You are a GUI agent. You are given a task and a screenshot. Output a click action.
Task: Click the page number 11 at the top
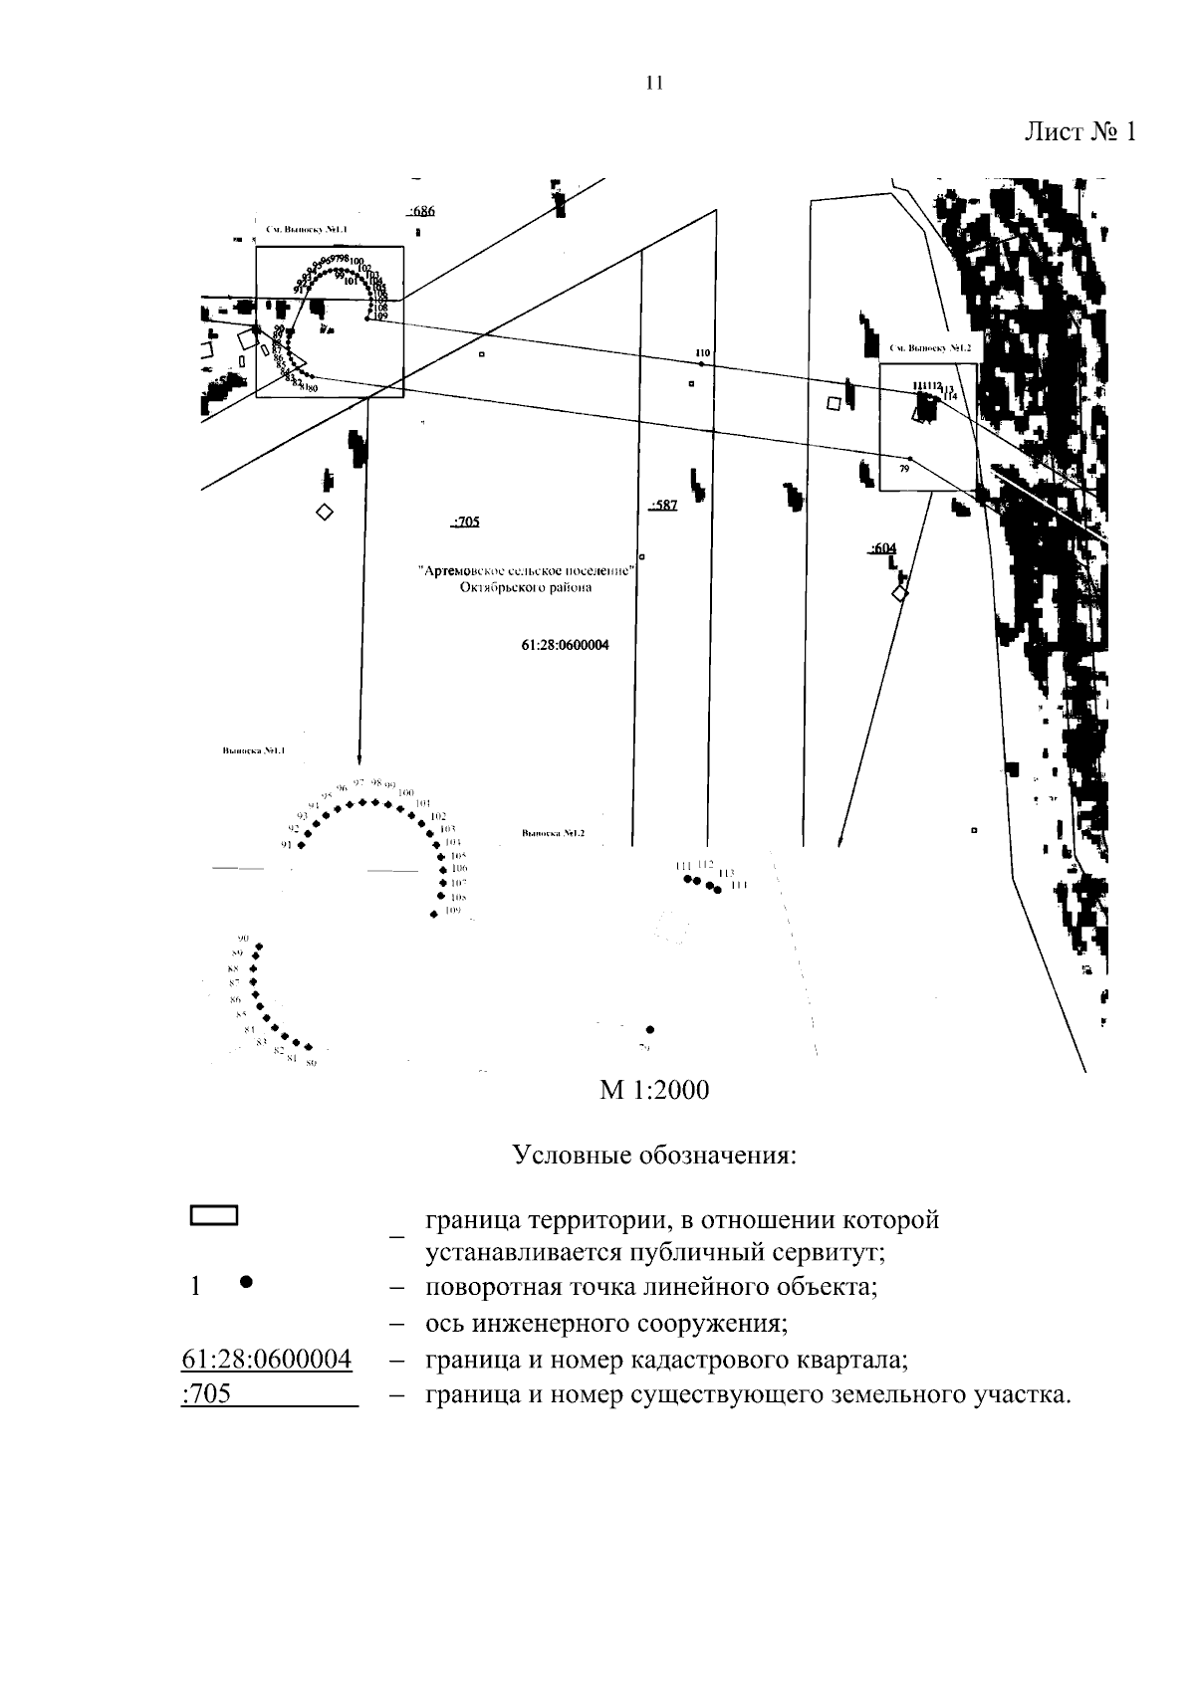pyautogui.click(x=654, y=84)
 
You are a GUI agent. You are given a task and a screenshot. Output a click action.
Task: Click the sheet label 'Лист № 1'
pyautogui.click(x=1080, y=132)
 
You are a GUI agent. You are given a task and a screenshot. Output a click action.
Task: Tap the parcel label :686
pyautogui.click(x=421, y=211)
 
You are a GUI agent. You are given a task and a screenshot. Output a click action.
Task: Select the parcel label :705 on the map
pyautogui.click(x=466, y=521)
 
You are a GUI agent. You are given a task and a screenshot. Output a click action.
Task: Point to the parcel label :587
pyautogui.click(x=662, y=506)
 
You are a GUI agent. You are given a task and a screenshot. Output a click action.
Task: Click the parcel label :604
pyautogui.click(x=882, y=548)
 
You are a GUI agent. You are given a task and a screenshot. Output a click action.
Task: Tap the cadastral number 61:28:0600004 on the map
pyautogui.click(x=565, y=645)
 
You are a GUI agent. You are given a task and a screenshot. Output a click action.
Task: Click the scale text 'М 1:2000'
pyautogui.click(x=654, y=1091)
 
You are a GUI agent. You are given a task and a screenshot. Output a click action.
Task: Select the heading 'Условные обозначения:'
pyautogui.click(x=654, y=1156)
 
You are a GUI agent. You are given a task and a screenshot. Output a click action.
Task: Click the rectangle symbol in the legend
pyautogui.click(x=214, y=1215)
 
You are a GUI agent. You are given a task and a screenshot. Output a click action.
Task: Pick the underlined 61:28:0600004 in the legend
pyautogui.click(x=266, y=1360)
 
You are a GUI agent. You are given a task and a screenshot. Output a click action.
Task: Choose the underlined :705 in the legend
pyautogui.click(x=207, y=1394)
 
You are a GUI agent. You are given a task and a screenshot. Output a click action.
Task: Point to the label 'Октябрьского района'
pyautogui.click(x=526, y=587)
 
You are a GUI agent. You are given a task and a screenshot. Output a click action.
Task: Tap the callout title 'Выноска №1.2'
pyautogui.click(x=554, y=833)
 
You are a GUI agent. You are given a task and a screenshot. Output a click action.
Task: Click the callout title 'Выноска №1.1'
pyautogui.click(x=254, y=751)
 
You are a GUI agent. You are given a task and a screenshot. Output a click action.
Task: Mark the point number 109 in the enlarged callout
pyautogui.click(x=453, y=910)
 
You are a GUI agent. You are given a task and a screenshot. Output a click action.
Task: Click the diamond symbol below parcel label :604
pyautogui.click(x=900, y=593)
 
